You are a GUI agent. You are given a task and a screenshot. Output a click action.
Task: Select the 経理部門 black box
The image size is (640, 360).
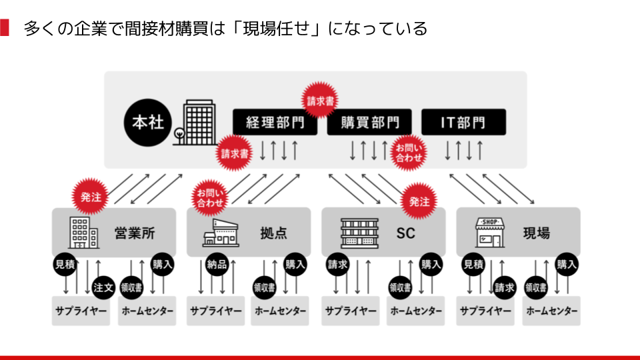(x=275, y=123)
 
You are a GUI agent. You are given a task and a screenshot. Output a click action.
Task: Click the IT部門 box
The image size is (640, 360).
(x=463, y=123)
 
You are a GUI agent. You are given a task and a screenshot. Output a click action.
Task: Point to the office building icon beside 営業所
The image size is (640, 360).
(x=83, y=233)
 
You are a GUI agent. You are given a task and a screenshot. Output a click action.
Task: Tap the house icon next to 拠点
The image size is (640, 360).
(x=221, y=233)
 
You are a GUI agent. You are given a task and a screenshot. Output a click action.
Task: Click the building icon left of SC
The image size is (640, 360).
(x=359, y=233)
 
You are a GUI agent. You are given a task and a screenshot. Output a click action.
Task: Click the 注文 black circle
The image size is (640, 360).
(x=103, y=287)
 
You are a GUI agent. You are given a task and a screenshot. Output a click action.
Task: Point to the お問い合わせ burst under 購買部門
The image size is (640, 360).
(x=409, y=153)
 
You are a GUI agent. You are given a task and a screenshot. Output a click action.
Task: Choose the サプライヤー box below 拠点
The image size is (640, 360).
(x=216, y=311)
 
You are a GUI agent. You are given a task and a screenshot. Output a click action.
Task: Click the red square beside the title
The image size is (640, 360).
(x=5, y=28)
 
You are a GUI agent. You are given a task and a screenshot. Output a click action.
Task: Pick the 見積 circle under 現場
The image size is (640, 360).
(x=473, y=265)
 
